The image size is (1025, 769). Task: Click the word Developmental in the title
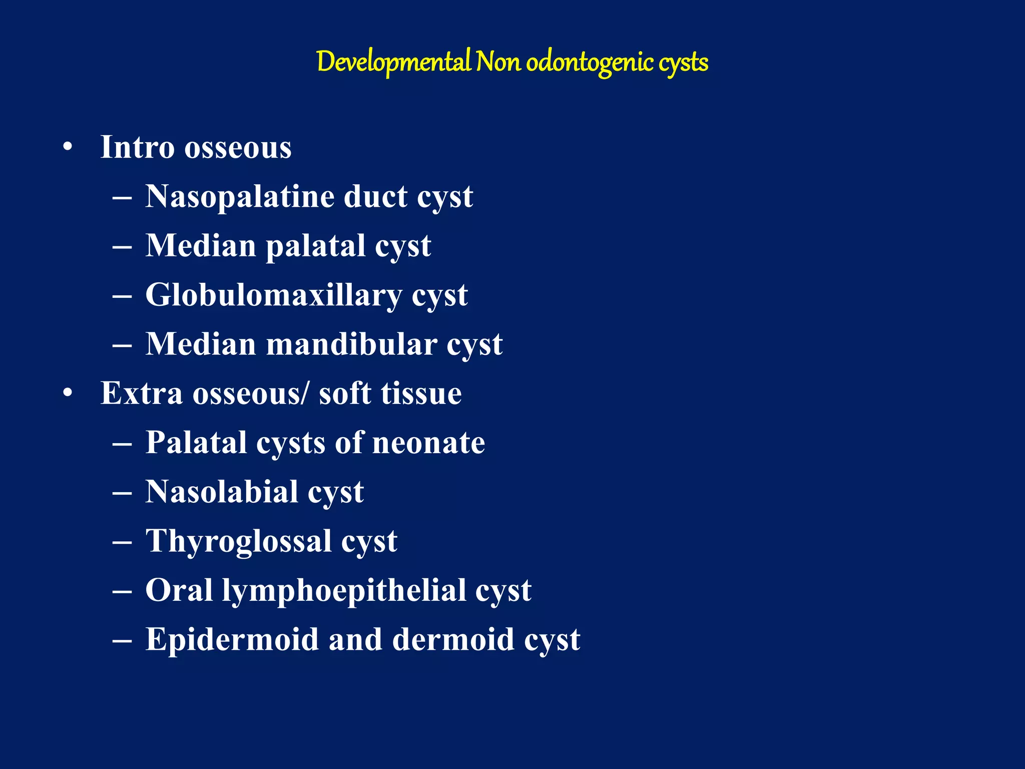click(393, 63)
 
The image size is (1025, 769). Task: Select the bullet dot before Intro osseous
click(68, 148)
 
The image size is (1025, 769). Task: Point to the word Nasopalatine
click(239, 197)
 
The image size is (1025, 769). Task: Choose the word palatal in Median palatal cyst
click(315, 246)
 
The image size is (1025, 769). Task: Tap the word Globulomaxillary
click(273, 295)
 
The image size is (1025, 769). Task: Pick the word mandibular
click(351, 345)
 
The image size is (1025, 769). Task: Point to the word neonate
click(428, 443)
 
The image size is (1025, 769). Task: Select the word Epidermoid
click(232, 640)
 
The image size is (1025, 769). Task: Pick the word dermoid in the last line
click(453, 640)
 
